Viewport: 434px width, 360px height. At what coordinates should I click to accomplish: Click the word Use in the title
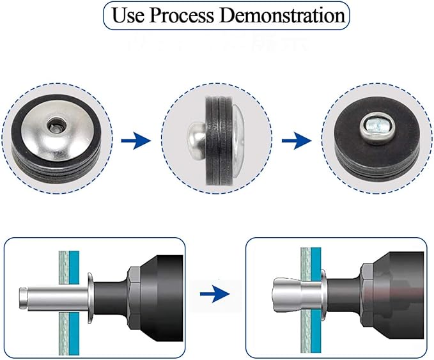coord(128,15)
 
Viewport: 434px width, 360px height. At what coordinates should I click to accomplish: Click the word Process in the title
coord(182,16)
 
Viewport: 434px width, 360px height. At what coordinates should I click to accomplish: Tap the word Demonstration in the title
coord(283,15)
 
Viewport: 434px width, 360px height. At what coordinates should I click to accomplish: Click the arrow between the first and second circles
coord(136,141)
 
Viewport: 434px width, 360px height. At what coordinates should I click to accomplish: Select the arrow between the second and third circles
coord(297,141)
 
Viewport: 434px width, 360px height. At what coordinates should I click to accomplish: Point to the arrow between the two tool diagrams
coord(215,293)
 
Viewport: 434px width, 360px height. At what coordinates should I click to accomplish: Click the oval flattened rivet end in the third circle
coord(376,127)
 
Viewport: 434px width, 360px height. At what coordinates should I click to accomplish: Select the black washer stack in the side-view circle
coord(219,141)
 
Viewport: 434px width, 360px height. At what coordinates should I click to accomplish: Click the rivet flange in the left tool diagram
coord(90,298)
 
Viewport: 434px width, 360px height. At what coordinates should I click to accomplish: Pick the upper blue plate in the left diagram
coord(74,267)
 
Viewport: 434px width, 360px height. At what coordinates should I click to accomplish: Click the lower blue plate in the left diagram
coord(74,334)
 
